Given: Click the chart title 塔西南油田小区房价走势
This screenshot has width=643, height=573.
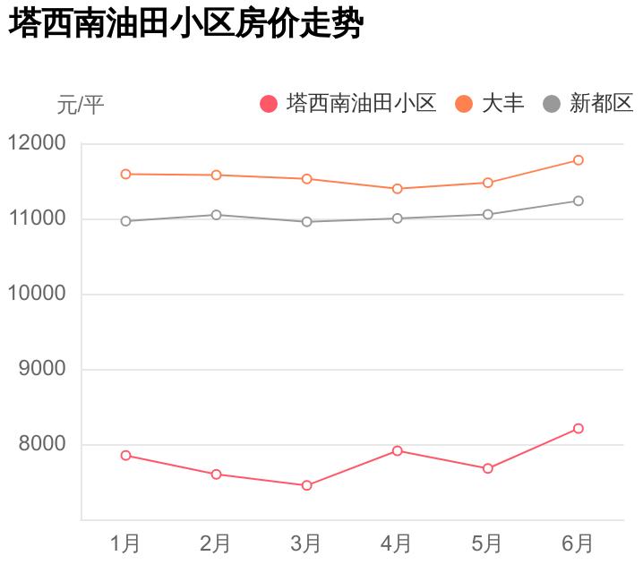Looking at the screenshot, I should [x=185, y=24].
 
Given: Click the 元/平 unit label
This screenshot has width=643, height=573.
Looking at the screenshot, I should [x=81, y=105].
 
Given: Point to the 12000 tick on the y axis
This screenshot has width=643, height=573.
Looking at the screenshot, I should [x=37, y=143].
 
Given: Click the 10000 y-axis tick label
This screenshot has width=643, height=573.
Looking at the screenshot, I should [x=37, y=294].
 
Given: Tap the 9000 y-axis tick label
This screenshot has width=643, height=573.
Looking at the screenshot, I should [x=42, y=369].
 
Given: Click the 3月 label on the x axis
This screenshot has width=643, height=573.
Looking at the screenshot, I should [x=306, y=543].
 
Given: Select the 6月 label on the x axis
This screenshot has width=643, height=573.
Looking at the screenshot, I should [x=578, y=543].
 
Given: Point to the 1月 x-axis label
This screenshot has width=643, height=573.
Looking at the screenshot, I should [x=125, y=543].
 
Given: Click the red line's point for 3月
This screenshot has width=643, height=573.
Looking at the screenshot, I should [x=306, y=485].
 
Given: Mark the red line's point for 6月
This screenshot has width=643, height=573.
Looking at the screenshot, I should [x=579, y=429].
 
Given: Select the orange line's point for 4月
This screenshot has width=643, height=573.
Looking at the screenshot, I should [x=397, y=189].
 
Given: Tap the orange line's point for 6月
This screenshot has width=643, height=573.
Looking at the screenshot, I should [x=579, y=160].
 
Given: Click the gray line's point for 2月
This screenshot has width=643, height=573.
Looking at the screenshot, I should [x=216, y=215].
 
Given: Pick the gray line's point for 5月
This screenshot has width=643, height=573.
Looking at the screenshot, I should [x=488, y=214].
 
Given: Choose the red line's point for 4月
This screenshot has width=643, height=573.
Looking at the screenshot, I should [x=397, y=450].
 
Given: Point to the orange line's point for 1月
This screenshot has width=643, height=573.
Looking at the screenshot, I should [x=125, y=174].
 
